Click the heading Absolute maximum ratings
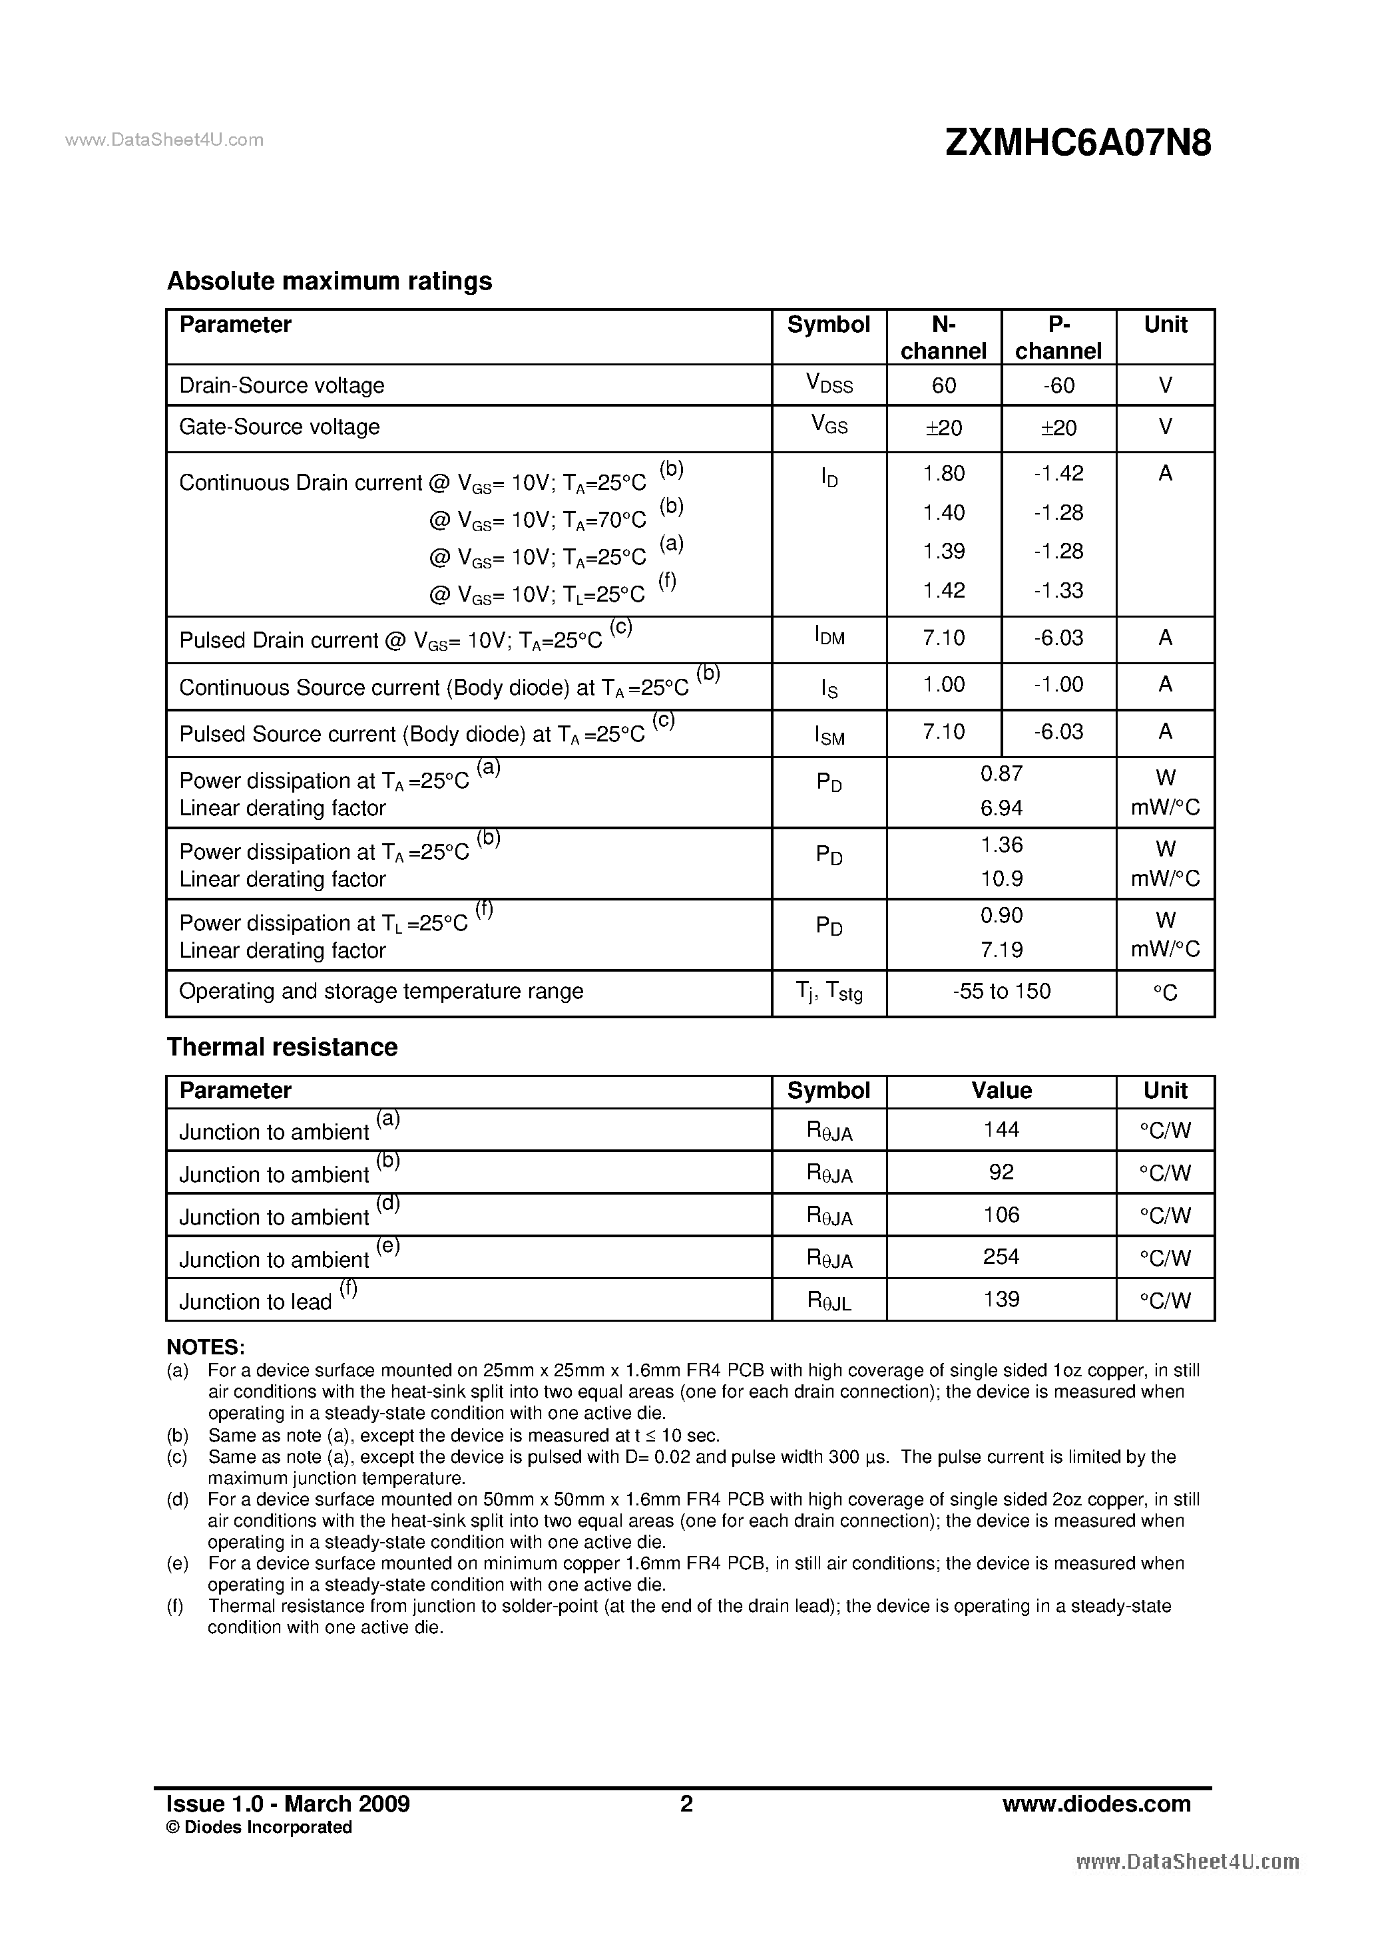pyautogui.click(x=329, y=282)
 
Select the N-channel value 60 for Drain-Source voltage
pyautogui.click(x=943, y=385)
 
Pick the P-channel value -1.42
pyautogui.click(x=1058, y=473)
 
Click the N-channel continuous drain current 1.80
pyautogui.click(x=943, y=473)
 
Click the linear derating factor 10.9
pyautogui.click(x=1001, y=879)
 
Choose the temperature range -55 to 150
pyautogui.click(x=1001, y=991)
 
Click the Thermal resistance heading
pyautogui.click(x=282, y=1048)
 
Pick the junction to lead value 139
pyautogui.click(x=1001, y=1298)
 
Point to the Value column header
pyautogui.click(x=1001, y=1091)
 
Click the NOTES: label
pyautogui.click(x=206, y=1348)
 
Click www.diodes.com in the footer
pyautogui.click(x=1096, y=1804)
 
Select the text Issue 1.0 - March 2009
pyautogui.click(x=288, y=1804)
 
